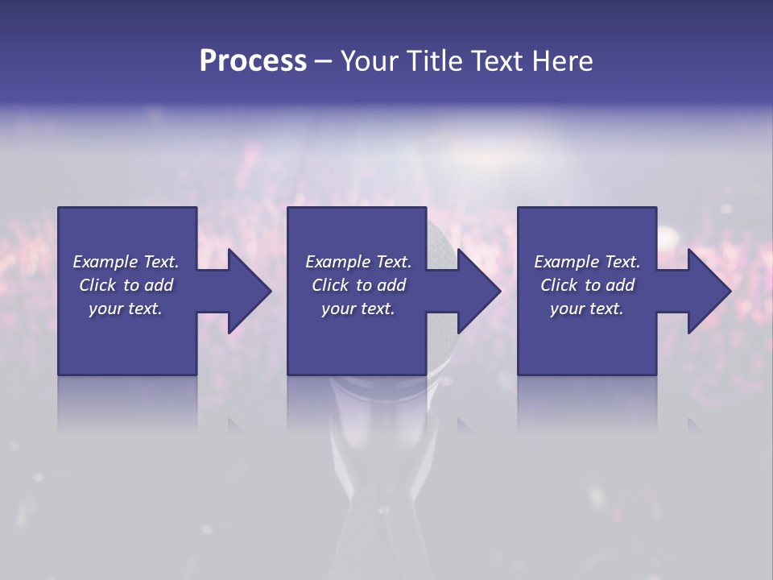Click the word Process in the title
(253, 61)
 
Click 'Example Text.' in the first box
(126, 262)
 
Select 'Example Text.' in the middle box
(358, 262)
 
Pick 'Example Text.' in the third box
(587, 262)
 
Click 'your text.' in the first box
(126, 309)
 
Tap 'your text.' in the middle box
(358, 309)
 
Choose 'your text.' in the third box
(587, 309)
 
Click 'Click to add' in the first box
(126, 285)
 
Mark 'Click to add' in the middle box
(358, 285)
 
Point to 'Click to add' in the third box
(587, 285)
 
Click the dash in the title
(323, 62)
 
